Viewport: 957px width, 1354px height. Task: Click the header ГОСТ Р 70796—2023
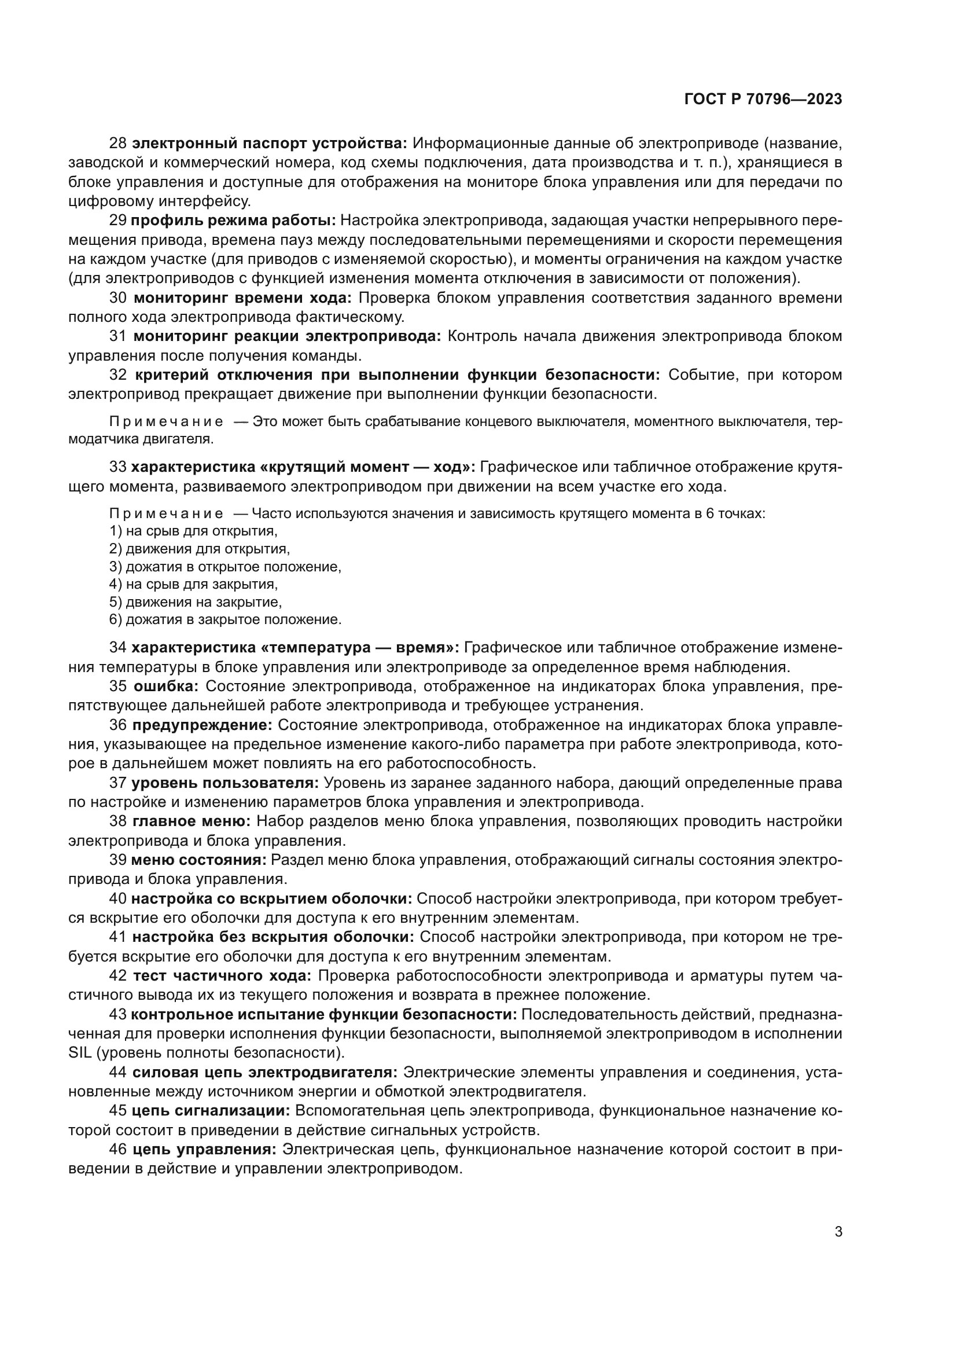tap(763, 99)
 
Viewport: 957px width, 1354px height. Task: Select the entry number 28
tap(118, 144)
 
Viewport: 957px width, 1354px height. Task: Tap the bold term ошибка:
tap(166, 686)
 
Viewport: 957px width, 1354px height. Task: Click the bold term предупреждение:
tap(202, 725)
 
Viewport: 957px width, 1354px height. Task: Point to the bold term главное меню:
tap(192, 821)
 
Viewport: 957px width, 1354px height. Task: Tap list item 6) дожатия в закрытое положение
tap(225, 619)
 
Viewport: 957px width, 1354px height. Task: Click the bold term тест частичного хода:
tap(222, 975)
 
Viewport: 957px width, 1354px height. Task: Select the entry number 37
tap(118, 783)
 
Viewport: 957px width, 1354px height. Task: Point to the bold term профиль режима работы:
tap(233, 221)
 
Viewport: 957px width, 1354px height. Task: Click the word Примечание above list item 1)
tap(166, 513)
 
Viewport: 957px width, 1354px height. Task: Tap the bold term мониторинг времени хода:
tap(242, 298)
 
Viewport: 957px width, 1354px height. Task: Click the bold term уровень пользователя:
tap(224, 783)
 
